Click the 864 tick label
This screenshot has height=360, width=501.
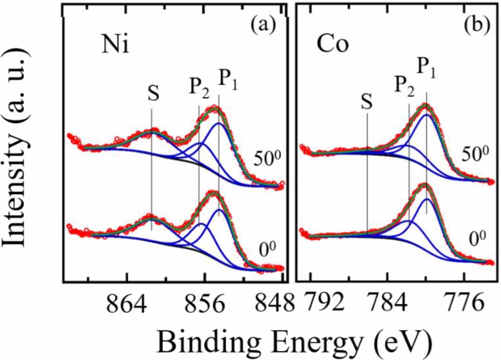pos(127,302)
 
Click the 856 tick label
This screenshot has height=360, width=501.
pos(205,302)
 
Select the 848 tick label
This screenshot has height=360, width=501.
pos(275,302)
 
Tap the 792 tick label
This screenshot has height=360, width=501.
pos(324,302)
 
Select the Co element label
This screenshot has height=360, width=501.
pos(333,45)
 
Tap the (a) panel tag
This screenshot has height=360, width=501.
pos(262,25)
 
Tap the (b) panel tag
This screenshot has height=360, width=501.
pos(477,25)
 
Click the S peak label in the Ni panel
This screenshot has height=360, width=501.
pos(153,94)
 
